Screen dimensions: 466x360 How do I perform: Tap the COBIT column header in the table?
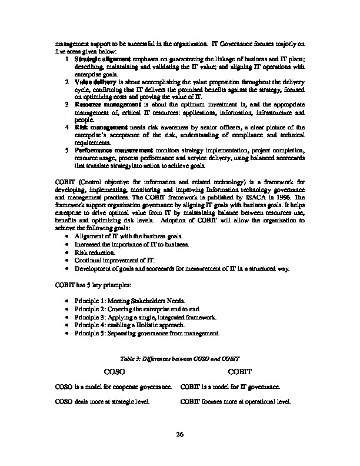pyautogui.click(x=239, y=372)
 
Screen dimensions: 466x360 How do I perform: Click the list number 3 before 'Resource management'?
pyautogui.click(x=68, y=104)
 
